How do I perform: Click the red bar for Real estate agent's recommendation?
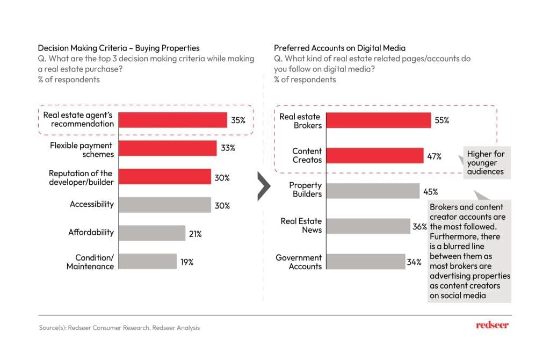[172, 120]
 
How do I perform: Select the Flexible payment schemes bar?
[167, 148]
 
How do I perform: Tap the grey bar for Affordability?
[151, 233]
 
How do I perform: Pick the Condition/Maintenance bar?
[147, 261]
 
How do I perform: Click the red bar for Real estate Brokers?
[379, 120]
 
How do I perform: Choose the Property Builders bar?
[373, 191]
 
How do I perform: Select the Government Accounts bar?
[366, 262]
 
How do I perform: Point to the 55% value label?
[442, 120]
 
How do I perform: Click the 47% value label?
[435, 156]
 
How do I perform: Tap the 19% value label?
[187, 262]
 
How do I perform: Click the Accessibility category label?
[92, 204]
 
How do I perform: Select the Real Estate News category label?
[301, 226]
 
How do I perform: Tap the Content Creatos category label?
[307, 155]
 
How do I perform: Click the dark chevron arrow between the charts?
[263, 186]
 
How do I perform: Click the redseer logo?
[492, 325]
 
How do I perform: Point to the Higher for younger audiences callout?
[486, 163]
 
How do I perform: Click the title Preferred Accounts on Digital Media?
[339, 48]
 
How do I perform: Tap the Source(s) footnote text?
[119, 327]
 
